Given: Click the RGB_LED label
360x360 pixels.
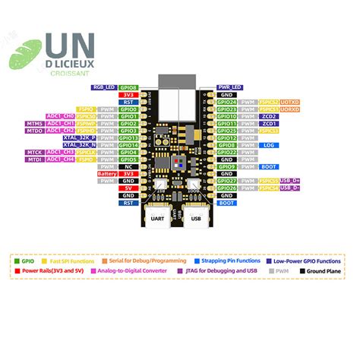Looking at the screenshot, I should tap(104, 87).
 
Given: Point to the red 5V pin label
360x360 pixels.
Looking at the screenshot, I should tap(128, 188).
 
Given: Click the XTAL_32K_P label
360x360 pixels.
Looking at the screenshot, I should tap(79, 137).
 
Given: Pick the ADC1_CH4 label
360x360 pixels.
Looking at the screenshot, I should tap(61, 159).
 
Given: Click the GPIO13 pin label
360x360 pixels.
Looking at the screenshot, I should tap(128, 137).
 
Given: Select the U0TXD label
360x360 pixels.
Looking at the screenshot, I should tap(290, 102).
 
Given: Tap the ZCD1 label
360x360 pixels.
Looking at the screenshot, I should tap(269, 123).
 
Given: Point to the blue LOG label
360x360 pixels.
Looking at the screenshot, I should tap(268, 145).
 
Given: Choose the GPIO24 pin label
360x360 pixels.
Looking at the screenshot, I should tap(226, 102).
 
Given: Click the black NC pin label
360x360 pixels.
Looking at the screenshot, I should tap(128, 166).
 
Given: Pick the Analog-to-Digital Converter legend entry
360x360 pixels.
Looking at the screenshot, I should tap(138, 270).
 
